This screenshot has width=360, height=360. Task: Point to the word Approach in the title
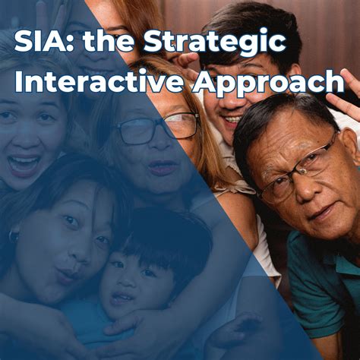pos(265,82)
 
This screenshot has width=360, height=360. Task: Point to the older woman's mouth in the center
pos(163,167)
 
